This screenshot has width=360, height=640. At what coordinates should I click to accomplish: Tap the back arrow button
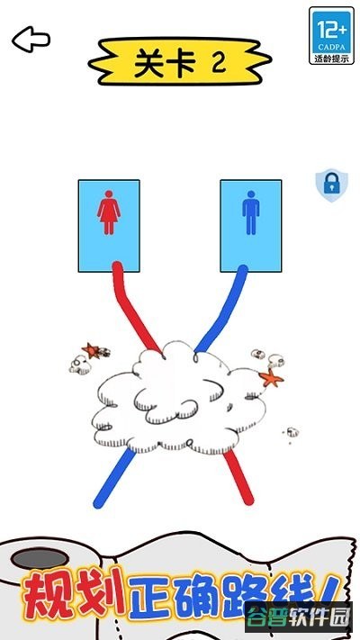pos(31,40)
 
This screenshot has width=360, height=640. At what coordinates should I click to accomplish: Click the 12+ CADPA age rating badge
pos(331,35)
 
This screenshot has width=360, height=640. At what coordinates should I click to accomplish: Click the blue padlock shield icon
pos(331,185)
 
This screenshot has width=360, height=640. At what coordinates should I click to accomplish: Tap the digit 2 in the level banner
pos(220,62)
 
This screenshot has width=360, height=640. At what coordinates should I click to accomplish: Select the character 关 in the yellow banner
pos(149,63)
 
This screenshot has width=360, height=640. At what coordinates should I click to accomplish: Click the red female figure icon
pos(109,212)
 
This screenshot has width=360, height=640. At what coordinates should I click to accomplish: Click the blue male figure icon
pos(250,212)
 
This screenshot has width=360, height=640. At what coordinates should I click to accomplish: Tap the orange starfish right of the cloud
pos(271,378)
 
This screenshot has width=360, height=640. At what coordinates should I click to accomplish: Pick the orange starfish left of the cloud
pos(91,350)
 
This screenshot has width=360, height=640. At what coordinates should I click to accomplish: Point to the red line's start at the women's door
pos(117,266)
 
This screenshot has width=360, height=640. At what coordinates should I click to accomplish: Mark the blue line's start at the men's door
pos(242,270)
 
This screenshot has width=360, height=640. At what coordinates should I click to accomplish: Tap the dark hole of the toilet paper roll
pos(40,558)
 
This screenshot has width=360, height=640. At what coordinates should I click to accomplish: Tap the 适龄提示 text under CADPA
pos(331,59)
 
